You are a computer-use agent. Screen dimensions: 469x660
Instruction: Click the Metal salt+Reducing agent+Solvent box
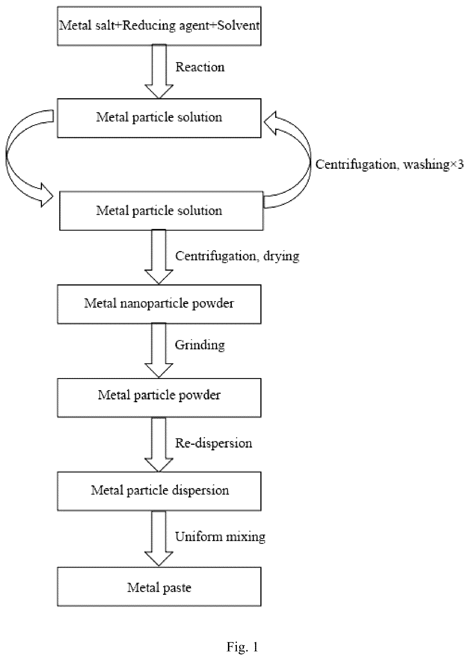coord(159,26)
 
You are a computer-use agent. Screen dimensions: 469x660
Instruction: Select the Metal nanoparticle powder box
coord(159,304)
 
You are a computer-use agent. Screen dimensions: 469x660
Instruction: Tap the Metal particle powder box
coord(159,398)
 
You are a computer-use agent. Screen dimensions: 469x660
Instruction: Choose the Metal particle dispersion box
coord(159,491)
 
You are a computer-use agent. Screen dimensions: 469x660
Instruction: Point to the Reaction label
coord(200,67)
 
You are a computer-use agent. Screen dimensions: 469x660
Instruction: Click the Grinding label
coord(200,345)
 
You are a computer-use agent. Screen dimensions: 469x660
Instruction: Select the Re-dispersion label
coord(213,443)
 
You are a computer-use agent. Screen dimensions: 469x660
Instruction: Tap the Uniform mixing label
coord(220,537)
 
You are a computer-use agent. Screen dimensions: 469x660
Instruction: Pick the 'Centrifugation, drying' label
coord(237,256)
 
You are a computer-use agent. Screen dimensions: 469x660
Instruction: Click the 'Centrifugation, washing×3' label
coord(389,164)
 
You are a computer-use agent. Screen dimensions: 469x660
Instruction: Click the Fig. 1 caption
coord(242,647)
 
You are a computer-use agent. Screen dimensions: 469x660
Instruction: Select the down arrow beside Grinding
coord(159,350)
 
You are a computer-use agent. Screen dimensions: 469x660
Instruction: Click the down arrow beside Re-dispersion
coord(159,444)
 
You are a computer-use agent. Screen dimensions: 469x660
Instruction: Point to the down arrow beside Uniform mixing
coord(159,539)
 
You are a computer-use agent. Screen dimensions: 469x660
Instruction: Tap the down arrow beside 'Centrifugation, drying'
coord(159,257)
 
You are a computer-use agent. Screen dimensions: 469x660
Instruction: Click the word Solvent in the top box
coord(238,25)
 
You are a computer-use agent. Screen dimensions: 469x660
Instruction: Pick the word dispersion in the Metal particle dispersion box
coord(201,491)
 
